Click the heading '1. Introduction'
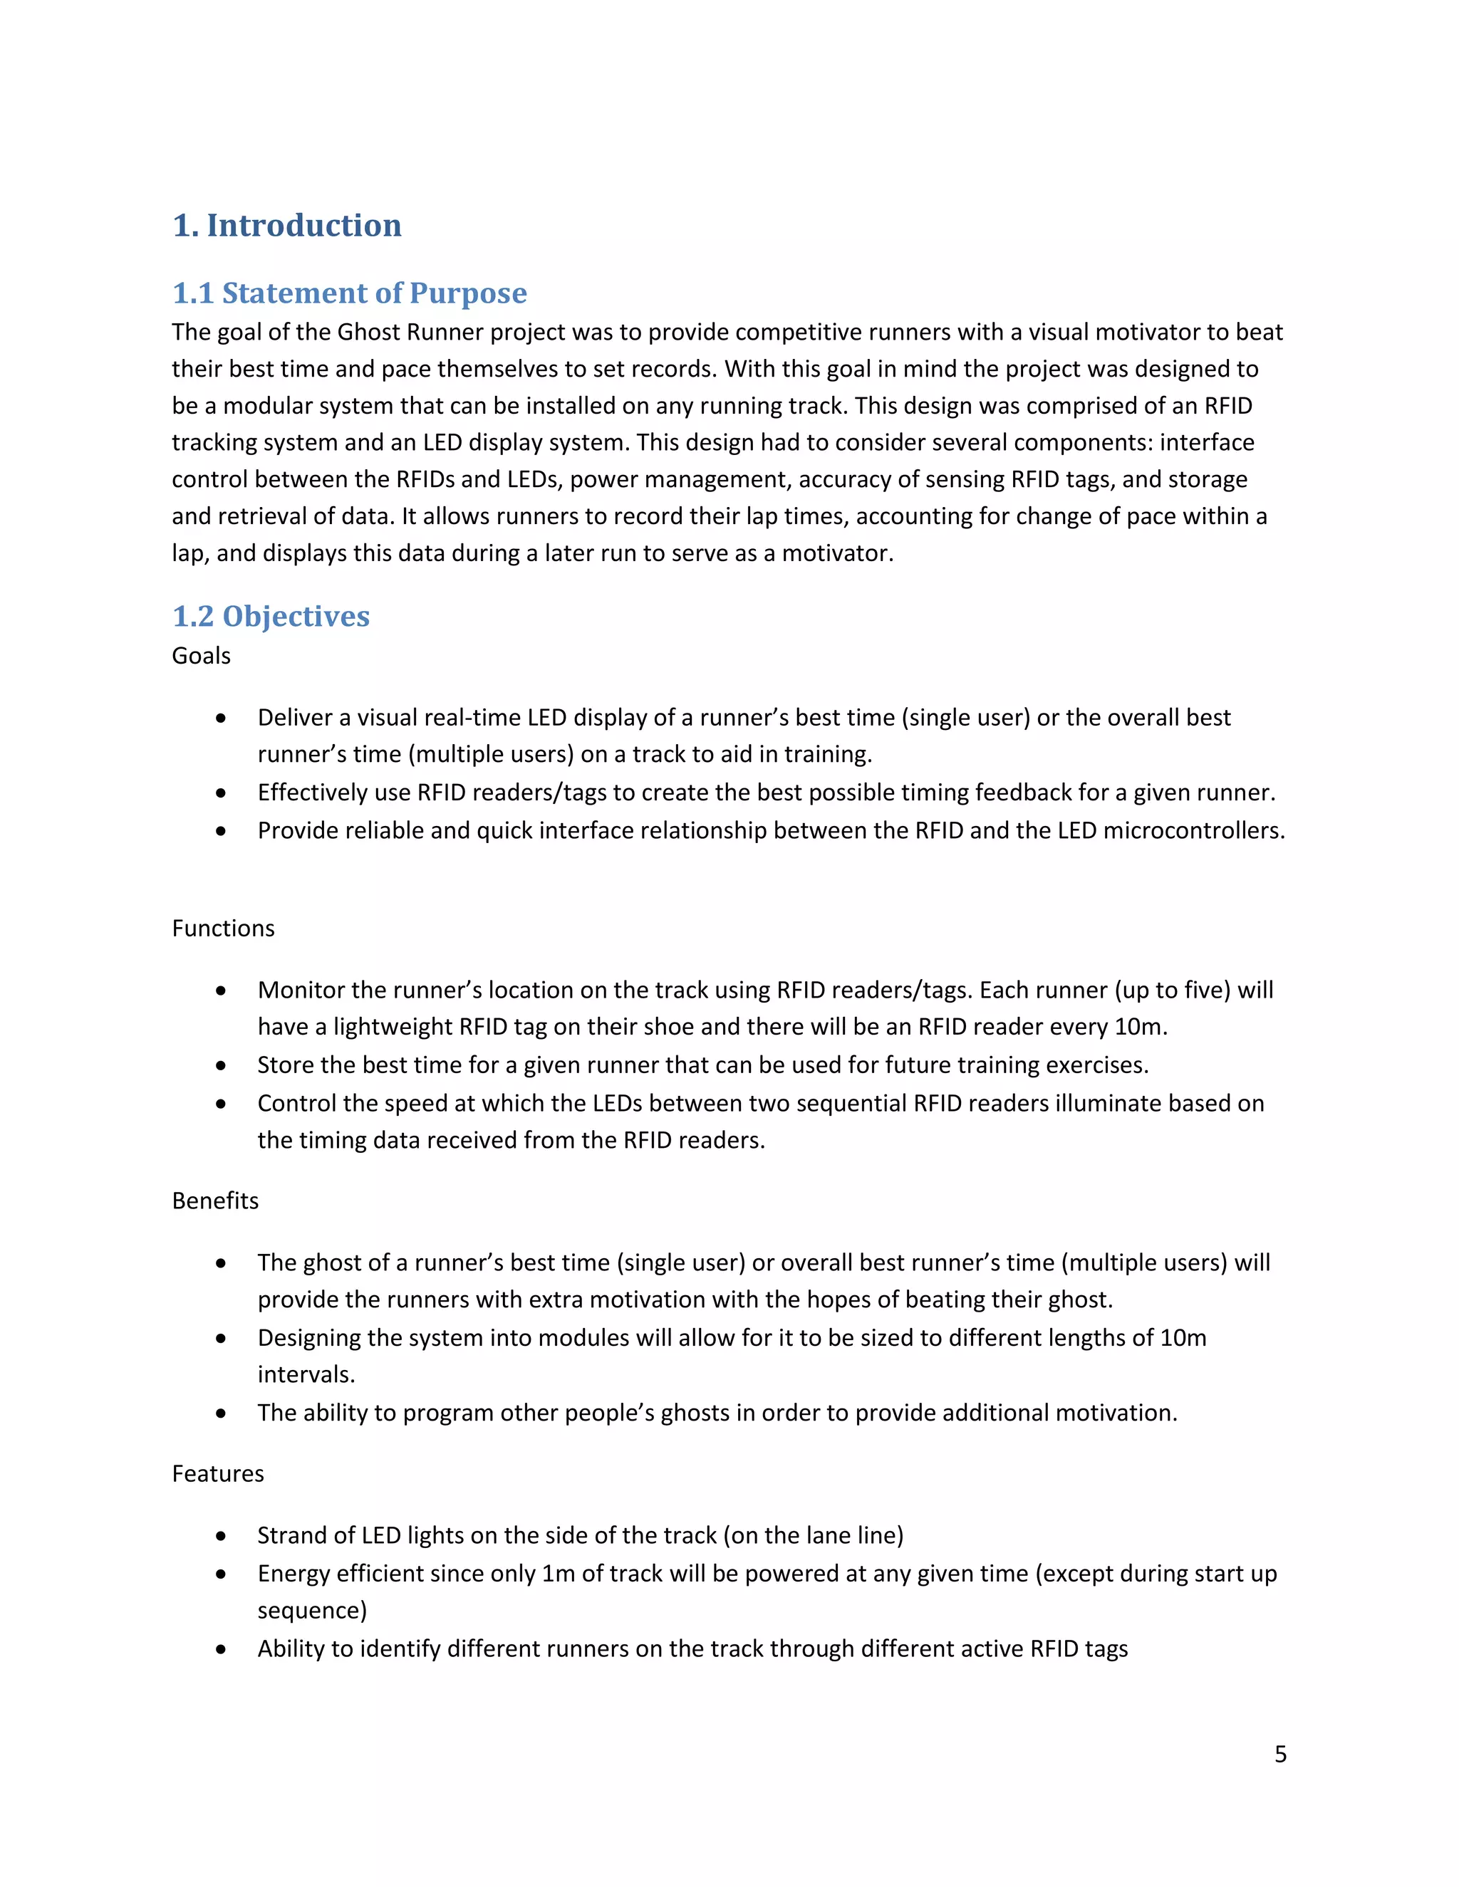[287, 226]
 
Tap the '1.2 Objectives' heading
[271, 616]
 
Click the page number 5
[1280, 1754]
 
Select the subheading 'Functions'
[223, 928]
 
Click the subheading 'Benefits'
[215, 1201]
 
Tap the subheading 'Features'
[218, 1473]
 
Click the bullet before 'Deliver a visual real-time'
[222, 718]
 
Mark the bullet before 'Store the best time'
[222, 1065]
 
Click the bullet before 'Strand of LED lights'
[222, 1536]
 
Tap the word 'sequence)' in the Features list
[312, 1611]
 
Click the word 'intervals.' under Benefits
[306, 1374]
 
